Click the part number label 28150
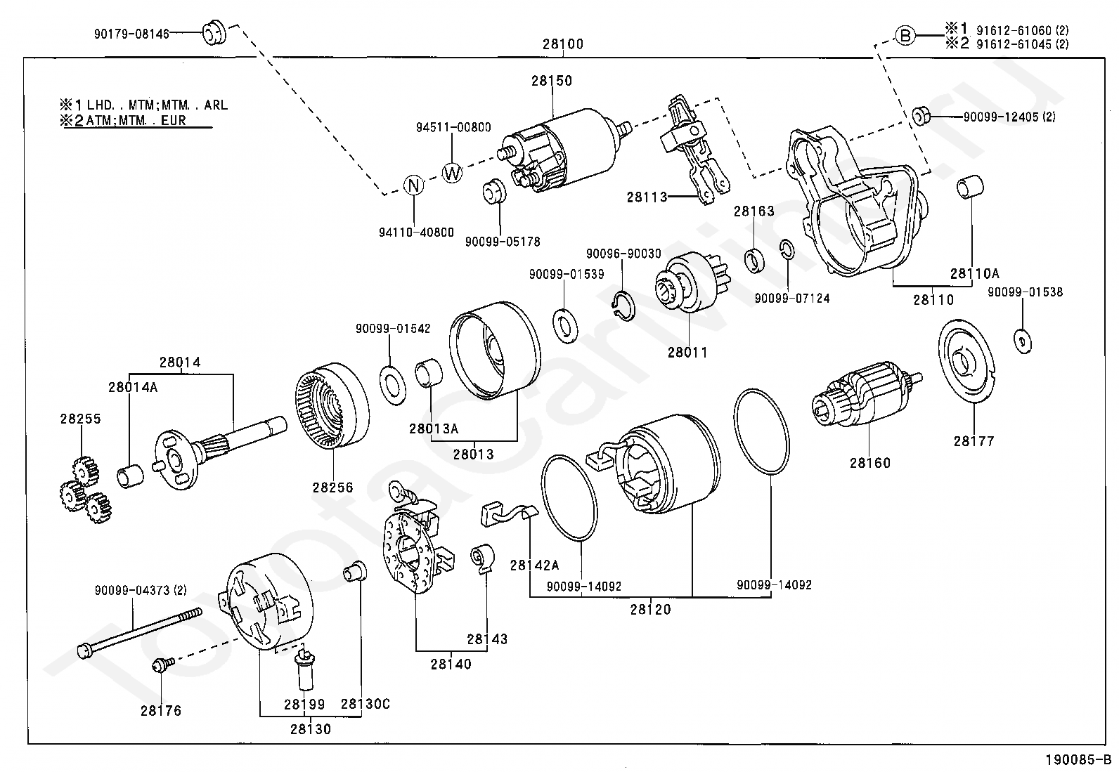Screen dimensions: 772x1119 [x=552, y=81]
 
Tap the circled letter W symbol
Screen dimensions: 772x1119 [x=453, y=172]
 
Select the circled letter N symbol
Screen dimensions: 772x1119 [x=415, y=185]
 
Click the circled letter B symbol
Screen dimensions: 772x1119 [x=906, y=34]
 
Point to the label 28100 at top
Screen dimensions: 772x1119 [x=562, y=44]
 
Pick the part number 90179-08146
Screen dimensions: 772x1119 [x=131, y=33]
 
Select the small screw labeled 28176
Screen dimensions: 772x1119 [x=160, y=664]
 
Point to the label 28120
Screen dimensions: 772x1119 [x=650, y=610]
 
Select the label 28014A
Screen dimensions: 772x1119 [x=133, y=387]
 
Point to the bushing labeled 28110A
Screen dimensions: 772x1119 [x=971, y=188]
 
